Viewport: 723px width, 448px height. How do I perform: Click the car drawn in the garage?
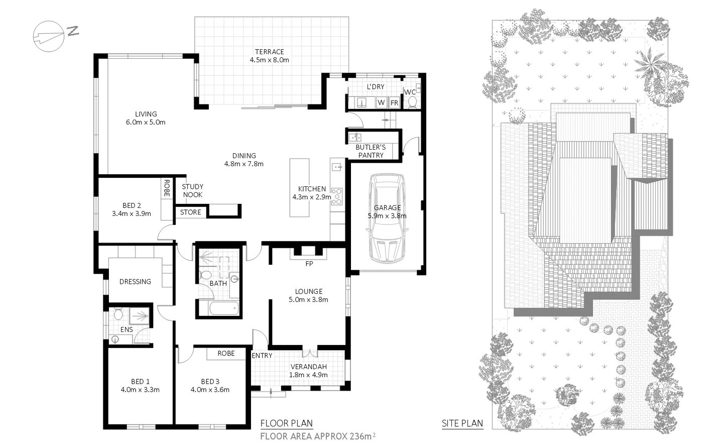[387, 217]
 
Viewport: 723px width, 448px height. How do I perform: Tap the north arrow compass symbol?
[49, 36]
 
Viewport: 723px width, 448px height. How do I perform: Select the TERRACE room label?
[269, 52]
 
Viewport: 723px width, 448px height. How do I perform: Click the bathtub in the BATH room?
[218, 308]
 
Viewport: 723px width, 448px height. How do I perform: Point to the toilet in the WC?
[413, 102]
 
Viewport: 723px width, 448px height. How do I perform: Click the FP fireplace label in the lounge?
[309, 263]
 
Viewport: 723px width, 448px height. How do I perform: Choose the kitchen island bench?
[300, 188]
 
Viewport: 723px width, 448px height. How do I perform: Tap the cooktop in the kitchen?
[337, 196]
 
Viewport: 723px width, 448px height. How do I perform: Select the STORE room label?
[190, 212]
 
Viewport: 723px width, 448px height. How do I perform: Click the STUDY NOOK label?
[192, 190]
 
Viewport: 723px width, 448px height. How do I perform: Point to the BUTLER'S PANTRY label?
[371, 151]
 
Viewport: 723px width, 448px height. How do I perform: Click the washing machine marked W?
[381, 102]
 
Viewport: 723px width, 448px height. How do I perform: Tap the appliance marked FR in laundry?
[394, 102]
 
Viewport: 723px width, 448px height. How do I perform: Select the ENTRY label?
[262, 356]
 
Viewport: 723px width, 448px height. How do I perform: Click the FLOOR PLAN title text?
[286, 423]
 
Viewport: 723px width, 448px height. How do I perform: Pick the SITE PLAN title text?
[462, 423]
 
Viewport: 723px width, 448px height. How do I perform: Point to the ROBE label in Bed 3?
[226, 354]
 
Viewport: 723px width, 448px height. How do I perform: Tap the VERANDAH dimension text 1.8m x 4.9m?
[308, 375]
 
